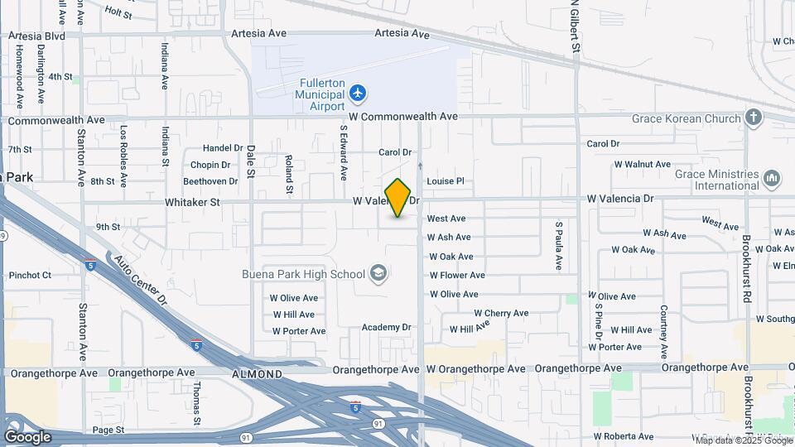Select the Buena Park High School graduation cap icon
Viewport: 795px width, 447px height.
[x=378, y=274]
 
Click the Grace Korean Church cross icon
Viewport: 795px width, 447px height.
[x=754, y=118]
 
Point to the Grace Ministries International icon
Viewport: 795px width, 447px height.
[x=773, y=179]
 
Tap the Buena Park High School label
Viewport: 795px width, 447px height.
[x=303, y=274]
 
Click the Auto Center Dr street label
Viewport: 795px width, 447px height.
[x=141, y=281]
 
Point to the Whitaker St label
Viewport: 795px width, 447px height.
[x=192, y=201]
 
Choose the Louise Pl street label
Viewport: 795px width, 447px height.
[x=446, y=181]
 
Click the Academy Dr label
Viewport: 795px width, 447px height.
[x=386, y=327]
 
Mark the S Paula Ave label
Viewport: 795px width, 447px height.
[x=559, y=246]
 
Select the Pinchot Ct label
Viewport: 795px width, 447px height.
[x=30, y=275]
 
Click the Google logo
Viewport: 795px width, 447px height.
[x=27, y=436]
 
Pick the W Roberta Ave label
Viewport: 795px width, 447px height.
[x=624, y=436]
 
